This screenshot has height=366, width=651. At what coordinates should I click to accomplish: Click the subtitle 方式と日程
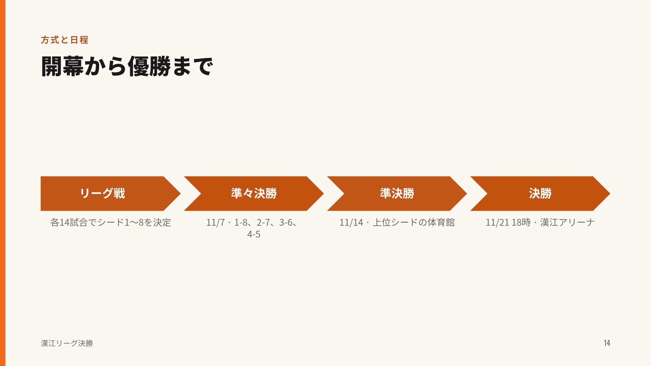coord(64,40)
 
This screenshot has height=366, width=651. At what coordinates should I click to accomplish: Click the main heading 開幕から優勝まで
coord(127,66)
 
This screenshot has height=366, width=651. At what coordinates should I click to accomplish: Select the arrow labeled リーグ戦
coord(111,194)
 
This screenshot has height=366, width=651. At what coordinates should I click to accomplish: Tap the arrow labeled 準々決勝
coord(254,194)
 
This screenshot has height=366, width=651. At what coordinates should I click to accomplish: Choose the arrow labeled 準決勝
coord(397,194)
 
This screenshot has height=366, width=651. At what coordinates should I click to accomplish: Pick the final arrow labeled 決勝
coord(540,194)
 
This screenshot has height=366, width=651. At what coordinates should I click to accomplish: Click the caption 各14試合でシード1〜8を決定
coord(111,222)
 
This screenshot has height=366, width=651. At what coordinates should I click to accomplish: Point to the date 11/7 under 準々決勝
coord(215,222)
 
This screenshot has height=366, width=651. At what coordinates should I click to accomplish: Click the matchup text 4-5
coord(254,234)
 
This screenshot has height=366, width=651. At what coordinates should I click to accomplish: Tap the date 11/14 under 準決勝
coord(351,222)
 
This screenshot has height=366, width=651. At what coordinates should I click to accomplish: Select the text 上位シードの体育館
coord(414,222)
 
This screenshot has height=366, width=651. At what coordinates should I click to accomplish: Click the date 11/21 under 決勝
coord(497,222)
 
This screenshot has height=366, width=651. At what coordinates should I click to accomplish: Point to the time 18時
coord(521,222)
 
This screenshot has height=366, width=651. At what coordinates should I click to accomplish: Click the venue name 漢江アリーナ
coord(568,222)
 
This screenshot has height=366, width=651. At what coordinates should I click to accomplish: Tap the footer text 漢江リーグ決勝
coord(67,343)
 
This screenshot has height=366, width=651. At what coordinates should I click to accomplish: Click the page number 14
coord(607,343)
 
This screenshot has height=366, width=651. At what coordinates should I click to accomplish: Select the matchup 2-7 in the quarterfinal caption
coord(263,222)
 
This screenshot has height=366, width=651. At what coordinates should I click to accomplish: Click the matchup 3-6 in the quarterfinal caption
coord(286,222)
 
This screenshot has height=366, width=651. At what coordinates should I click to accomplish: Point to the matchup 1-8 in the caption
coord(241,222)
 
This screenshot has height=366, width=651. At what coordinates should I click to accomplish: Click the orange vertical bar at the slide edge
coord(3,183)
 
